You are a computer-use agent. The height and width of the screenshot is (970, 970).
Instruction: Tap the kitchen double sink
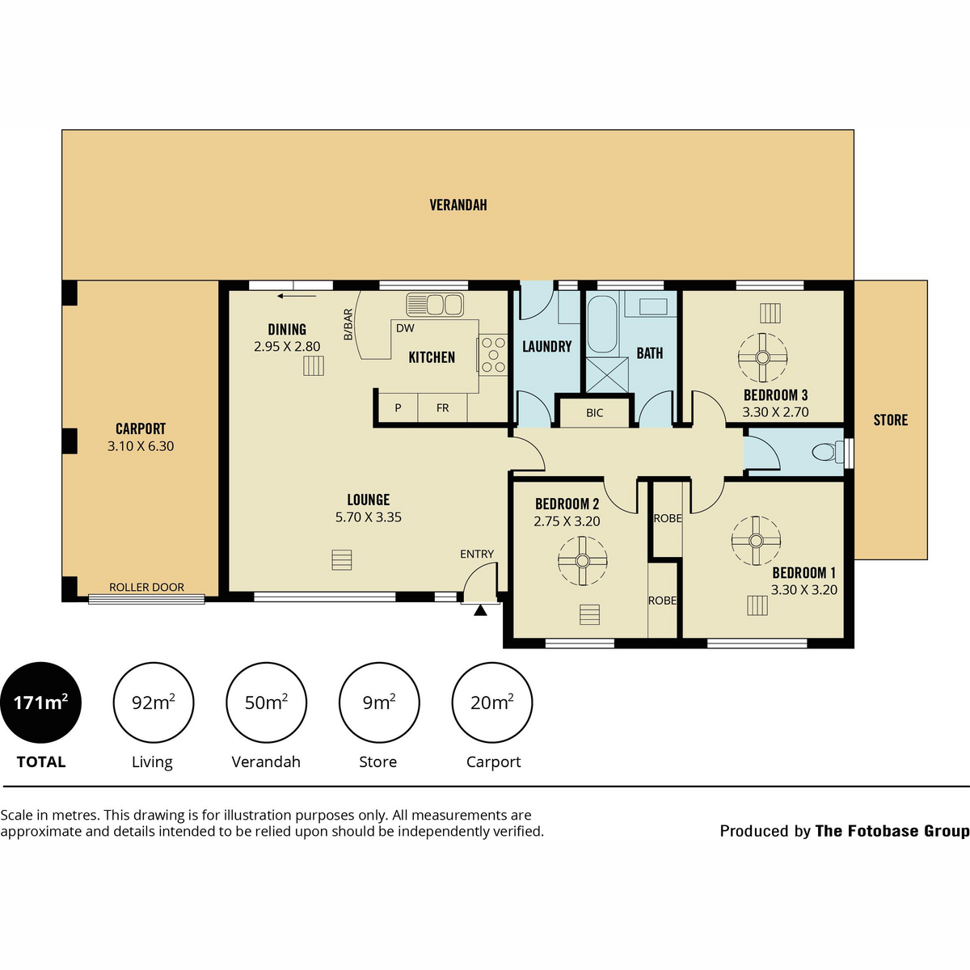click(x=435, y=305)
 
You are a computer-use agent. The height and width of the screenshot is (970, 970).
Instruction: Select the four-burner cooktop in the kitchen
click(x=493, y=355)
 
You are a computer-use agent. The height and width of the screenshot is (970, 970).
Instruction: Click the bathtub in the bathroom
click(x=602, y=325)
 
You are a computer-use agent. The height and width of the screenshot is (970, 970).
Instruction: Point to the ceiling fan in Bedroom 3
click(x=762, y=357)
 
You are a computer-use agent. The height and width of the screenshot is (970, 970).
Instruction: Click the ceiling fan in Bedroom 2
click(x=582, y=561)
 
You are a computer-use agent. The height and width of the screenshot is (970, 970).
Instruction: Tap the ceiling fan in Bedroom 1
click(x=756, y=541)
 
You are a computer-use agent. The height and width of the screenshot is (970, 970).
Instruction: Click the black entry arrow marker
click(x=480, y=610)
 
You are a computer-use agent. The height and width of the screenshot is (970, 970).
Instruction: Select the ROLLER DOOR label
click(x=146, y=587)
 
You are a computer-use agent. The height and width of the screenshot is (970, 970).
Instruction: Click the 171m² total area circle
click(x=40, y=702)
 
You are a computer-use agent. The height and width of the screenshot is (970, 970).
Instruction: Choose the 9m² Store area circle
click(x=379, y=702)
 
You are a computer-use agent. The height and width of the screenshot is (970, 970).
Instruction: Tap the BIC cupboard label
click(x=594, y=413)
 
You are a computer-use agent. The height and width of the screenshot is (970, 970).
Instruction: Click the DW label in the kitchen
click(x=405, y=328)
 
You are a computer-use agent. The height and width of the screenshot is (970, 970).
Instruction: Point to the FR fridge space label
click(x=442, y=407)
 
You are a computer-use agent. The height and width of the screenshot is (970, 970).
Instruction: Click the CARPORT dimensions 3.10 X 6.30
click(x=141, y=446)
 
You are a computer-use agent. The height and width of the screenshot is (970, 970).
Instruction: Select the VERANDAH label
click(x=458, y=205)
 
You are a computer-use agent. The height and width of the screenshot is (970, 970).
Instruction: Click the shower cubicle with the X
click(x=608, y=375)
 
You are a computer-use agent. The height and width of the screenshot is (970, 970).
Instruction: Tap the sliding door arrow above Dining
click(x=297, y=296)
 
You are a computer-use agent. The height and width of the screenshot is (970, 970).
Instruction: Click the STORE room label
click(x=891, y=420)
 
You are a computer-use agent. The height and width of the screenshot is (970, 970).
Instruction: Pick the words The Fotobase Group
click(x=892, y=831)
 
